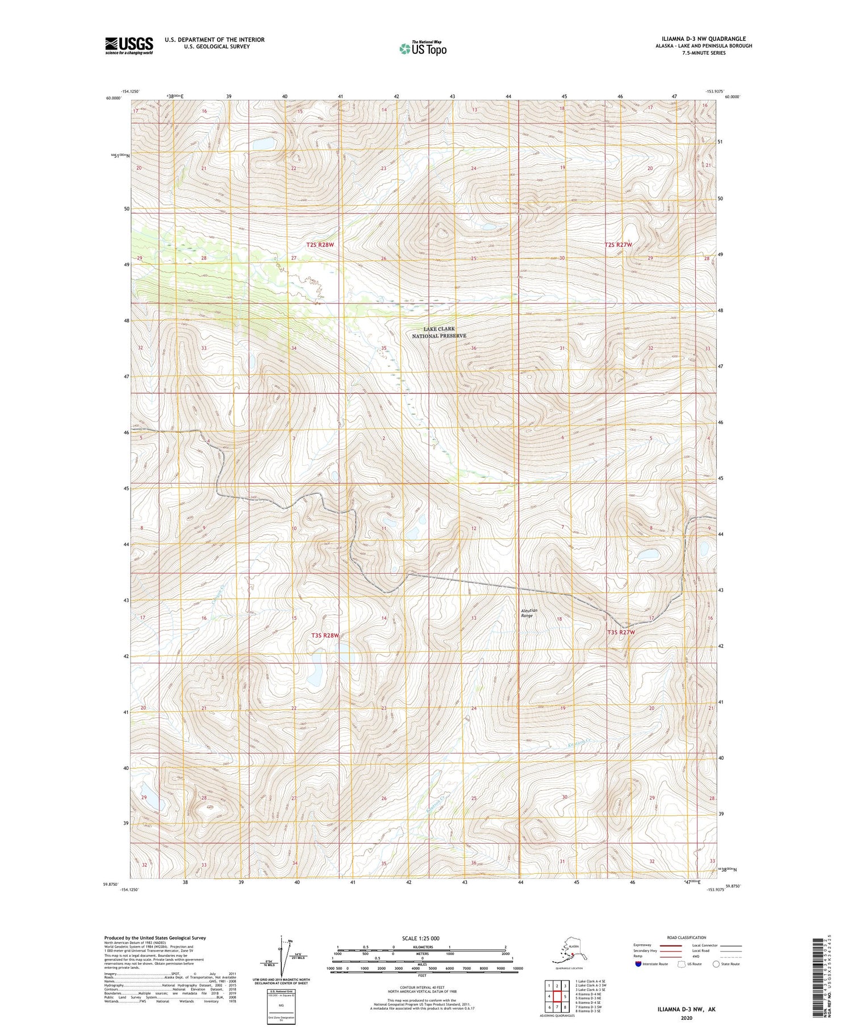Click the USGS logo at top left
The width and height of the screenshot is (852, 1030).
coord(129,45)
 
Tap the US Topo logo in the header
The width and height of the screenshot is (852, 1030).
coord(423,48)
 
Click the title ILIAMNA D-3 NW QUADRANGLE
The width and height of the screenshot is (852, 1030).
coord(701,39)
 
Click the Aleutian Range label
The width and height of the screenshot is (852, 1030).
coord(529,612)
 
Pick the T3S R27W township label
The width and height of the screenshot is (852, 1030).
coord(621,632)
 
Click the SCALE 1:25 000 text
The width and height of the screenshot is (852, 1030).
coord(421,938)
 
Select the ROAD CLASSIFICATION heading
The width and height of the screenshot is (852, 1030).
coord(687,937)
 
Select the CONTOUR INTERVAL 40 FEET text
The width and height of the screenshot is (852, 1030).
coord(421,988)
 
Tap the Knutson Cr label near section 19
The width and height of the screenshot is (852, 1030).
coord(579,743)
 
